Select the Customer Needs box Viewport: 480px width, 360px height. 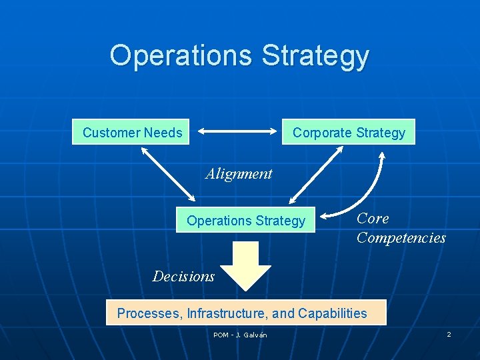point(132,132)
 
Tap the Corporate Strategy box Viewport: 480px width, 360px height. point(349,132)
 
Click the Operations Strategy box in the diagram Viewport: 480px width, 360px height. point(245,221)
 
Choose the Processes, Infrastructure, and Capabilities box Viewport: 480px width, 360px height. point(246,313)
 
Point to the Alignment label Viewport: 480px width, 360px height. point(239,174)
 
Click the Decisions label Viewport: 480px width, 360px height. point(183,276)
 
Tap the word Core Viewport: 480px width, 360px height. point(373,219)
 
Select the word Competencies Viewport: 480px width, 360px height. point(401,238)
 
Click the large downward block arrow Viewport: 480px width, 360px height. point(245,265)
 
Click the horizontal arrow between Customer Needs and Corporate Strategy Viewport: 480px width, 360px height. point(238,132)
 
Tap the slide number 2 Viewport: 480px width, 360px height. point(449,334)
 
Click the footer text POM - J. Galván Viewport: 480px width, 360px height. point(240,335)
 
